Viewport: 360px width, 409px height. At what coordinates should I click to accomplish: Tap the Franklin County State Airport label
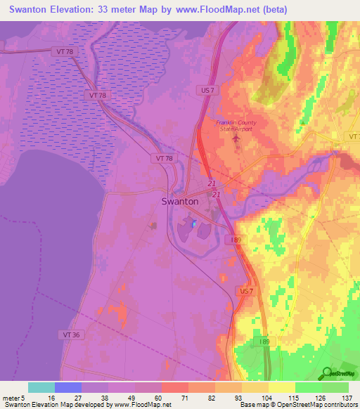pyautogui.click(x=236, y=126)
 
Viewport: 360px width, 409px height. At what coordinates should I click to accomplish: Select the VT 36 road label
pyautogui.click(x=73, y=335)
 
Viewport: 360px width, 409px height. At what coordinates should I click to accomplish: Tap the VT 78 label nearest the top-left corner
pyautogui.click(x=61, y=51)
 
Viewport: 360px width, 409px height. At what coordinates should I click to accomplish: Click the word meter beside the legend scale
pyautogui.click(x=11, y=398)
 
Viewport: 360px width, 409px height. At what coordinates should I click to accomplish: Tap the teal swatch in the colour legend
pyautogui.click(x=41, y=387)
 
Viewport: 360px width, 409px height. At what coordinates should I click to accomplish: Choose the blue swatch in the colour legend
pyautogui.click(x=68, y=387)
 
